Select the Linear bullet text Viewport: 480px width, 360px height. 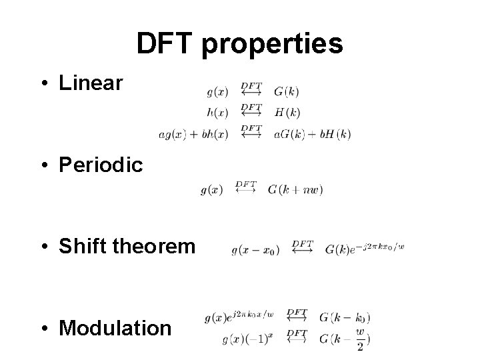[91, 83]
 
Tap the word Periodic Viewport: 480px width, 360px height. [101, 165]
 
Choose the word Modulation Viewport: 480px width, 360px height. [115, 328]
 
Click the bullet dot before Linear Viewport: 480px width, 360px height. [44, 84]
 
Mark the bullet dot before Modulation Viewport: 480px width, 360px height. [44, 328]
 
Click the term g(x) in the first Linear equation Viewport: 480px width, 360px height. [218, 91]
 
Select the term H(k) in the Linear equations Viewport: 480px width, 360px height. [287, 112]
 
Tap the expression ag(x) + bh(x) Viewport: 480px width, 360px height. [193, 134]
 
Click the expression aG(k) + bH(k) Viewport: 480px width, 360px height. [312, 134]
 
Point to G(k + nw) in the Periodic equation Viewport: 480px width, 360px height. [295, 190]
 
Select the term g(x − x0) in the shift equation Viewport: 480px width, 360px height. [255, 251]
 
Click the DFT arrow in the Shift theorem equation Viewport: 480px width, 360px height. [303, 247]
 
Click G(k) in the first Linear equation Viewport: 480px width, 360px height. [287, 91]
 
